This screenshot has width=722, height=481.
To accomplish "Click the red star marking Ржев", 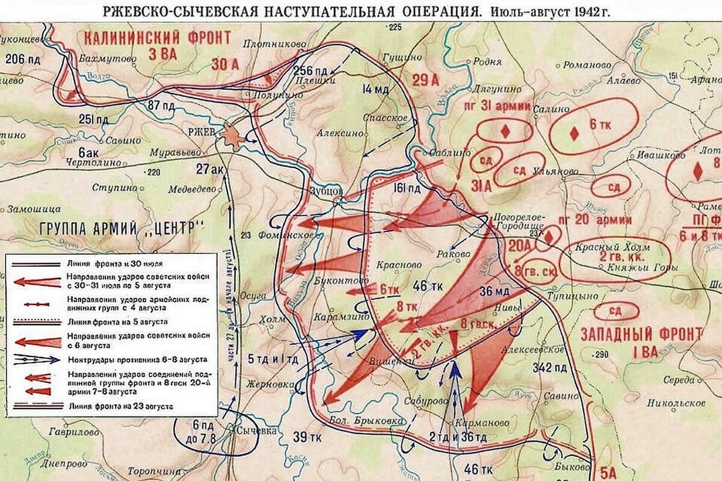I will [x=232, y=136].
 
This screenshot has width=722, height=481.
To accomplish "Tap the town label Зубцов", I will [x=327, y=190].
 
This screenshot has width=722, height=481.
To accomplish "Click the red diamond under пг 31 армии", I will [x=505, y=131].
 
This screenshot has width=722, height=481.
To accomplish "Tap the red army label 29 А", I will [x=426, y=80].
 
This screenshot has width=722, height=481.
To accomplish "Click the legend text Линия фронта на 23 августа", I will [x=121, y=406].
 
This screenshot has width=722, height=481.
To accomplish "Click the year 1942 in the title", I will [x=581, y=11].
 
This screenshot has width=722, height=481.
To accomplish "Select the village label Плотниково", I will [x=270, y=43].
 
